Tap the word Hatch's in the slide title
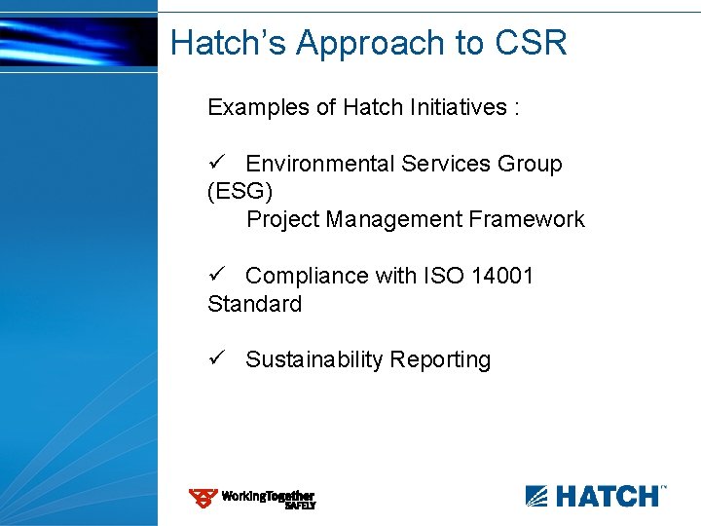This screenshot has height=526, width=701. [229, 43]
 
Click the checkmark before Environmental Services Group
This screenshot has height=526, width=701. [217, 164]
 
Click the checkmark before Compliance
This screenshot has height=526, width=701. [217, 276]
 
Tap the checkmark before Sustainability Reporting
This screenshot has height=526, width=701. [217, 359]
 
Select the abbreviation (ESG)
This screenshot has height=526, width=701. [240, 192]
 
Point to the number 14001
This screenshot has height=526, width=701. [502, 276]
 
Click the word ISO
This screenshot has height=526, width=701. [443, 276]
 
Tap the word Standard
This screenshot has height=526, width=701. [255, 304]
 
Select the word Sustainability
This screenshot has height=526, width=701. [314, 359]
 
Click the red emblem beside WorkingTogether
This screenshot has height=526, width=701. [203, 499]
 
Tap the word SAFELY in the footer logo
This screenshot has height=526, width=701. [300, 506]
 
